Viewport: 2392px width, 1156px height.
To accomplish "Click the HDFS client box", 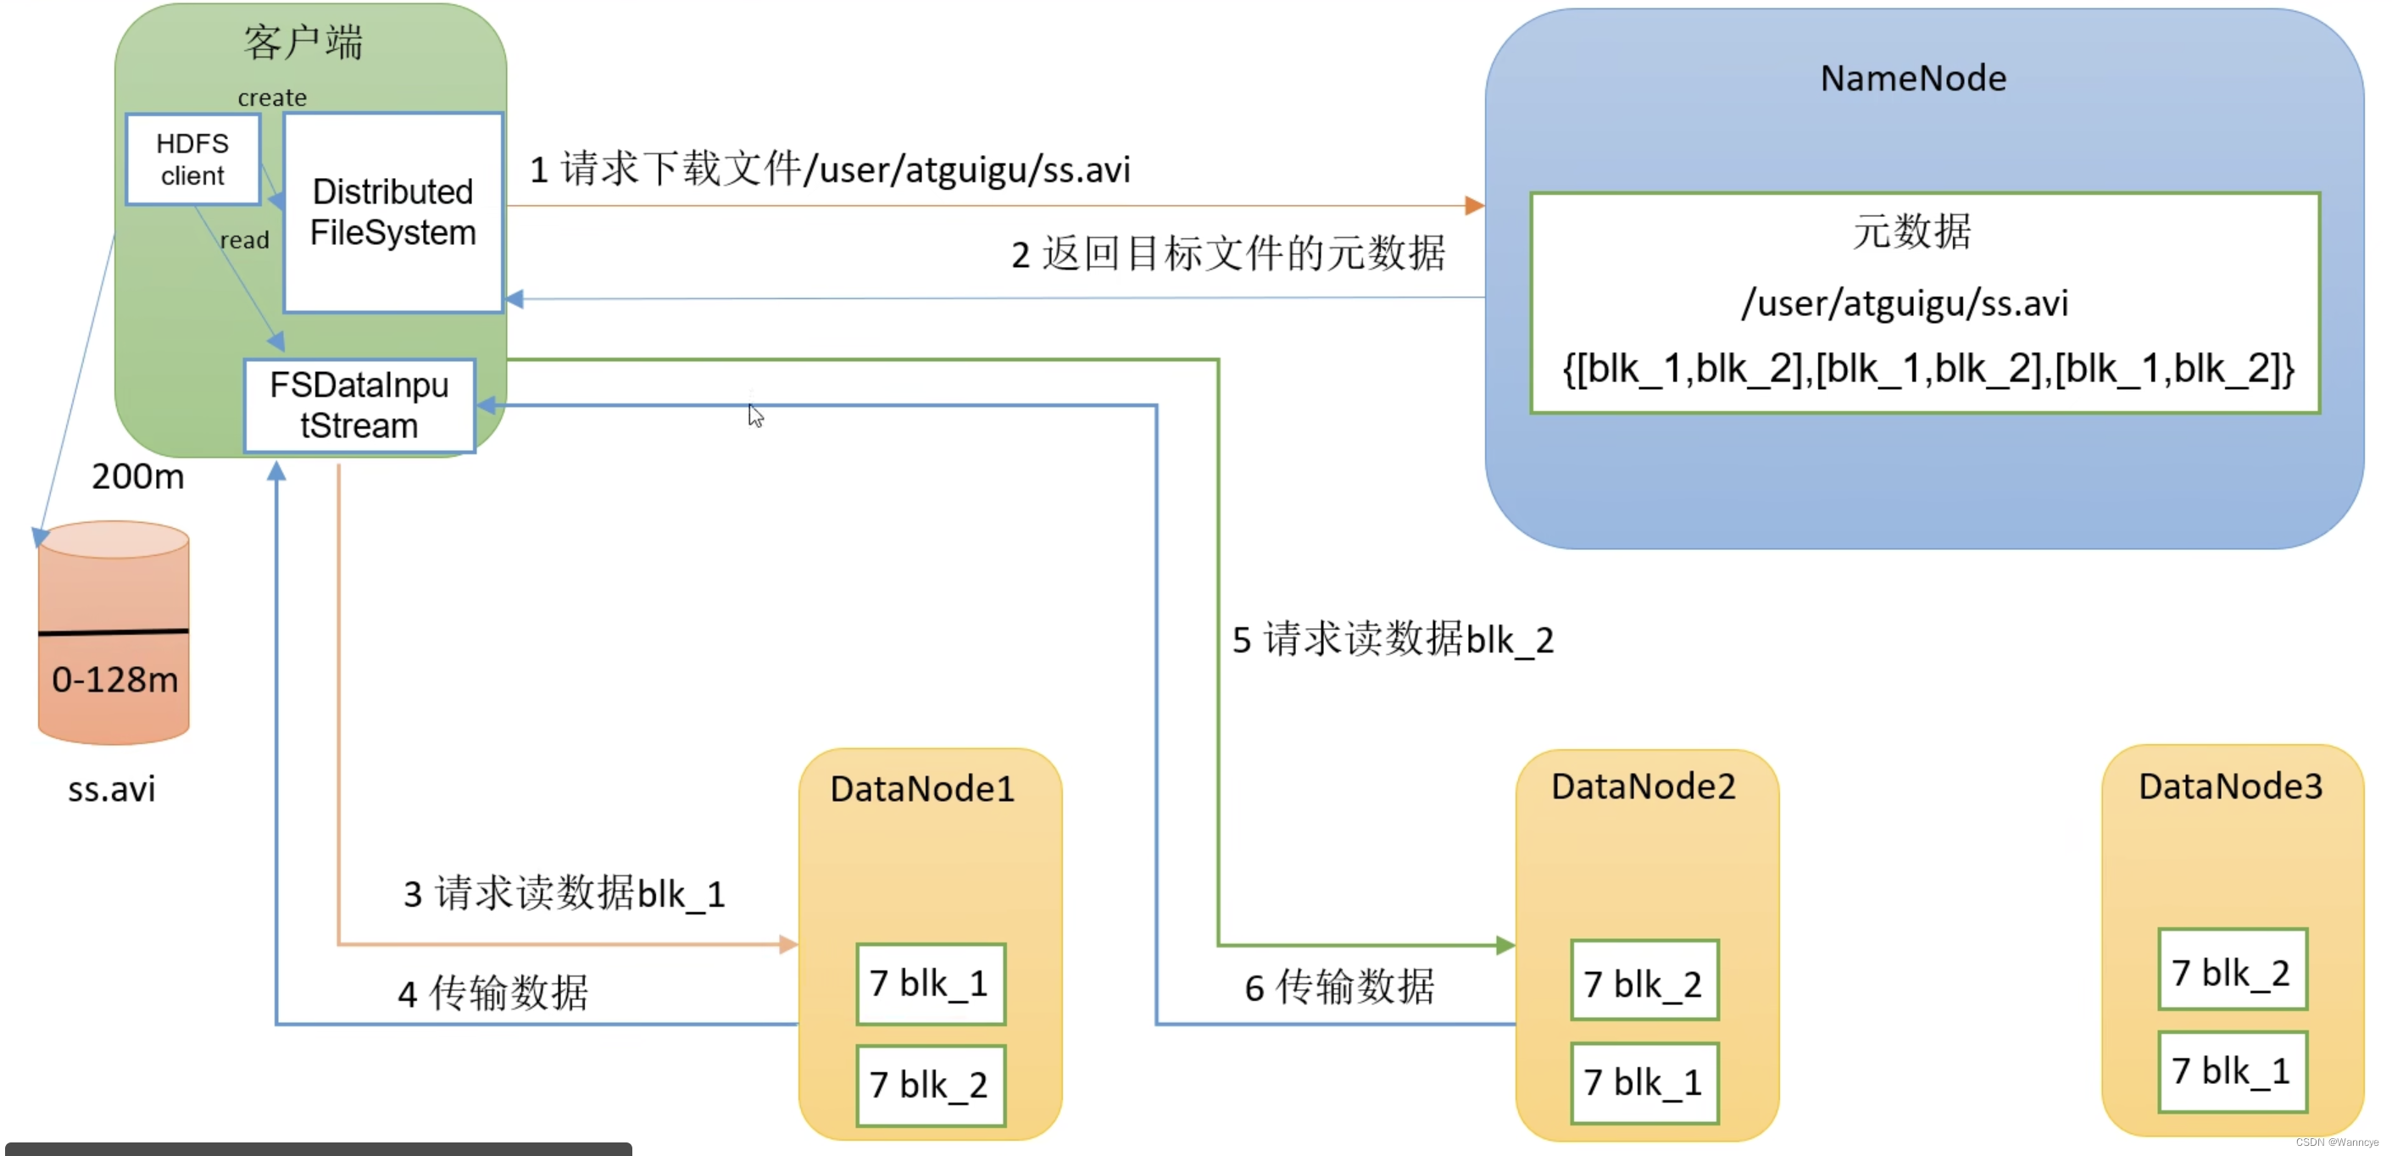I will pos(192,158).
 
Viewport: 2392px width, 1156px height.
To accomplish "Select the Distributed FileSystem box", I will pos(392,213).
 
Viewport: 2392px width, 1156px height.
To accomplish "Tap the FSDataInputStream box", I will pos(359,406).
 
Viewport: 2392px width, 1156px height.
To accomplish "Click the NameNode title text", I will pos(1912,79).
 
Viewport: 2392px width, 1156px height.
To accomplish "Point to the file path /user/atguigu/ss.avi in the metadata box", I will pos(1905,303).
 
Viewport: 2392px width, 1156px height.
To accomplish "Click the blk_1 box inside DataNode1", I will pos(930,984).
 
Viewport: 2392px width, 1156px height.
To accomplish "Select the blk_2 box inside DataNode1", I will pos(930,1085).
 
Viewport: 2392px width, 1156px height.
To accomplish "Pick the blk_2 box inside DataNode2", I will pos(1644,982).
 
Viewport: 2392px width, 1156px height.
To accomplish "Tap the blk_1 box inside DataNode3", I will pos(2231,1071).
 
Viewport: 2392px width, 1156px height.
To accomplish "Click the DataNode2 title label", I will pos(1643,786).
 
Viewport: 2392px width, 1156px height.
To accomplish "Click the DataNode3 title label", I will pos(2229,786).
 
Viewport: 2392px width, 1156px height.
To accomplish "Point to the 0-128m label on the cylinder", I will pos(114,680).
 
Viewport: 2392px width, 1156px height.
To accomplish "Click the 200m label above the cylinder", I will pos(137,477).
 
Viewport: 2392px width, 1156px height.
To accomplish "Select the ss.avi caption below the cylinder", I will pos(111,789).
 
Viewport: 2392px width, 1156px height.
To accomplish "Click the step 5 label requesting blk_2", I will pos(1392,640).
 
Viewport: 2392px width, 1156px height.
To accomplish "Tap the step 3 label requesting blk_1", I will pos(564,894).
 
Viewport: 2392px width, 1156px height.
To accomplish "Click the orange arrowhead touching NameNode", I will pos(1474,205).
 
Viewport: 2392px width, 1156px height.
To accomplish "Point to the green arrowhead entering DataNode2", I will pos(1505,945).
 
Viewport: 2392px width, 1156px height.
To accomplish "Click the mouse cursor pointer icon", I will pos(755,415).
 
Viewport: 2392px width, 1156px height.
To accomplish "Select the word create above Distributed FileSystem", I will pos(271,97).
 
